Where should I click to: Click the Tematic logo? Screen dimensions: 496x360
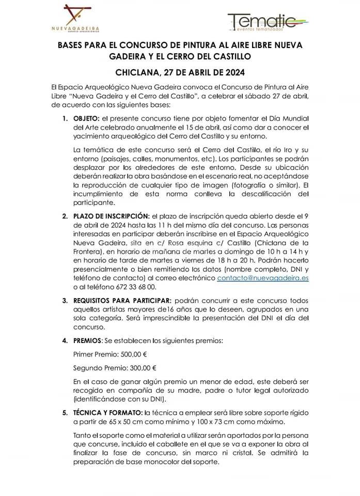coord(269,22)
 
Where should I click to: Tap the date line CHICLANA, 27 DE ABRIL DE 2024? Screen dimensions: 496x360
coord(180,72)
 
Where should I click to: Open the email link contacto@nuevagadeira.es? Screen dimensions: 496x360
coord(263,277)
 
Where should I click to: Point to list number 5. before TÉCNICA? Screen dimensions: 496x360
coord(65,413)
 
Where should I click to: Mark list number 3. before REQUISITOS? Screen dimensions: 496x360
coord(65,300)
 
